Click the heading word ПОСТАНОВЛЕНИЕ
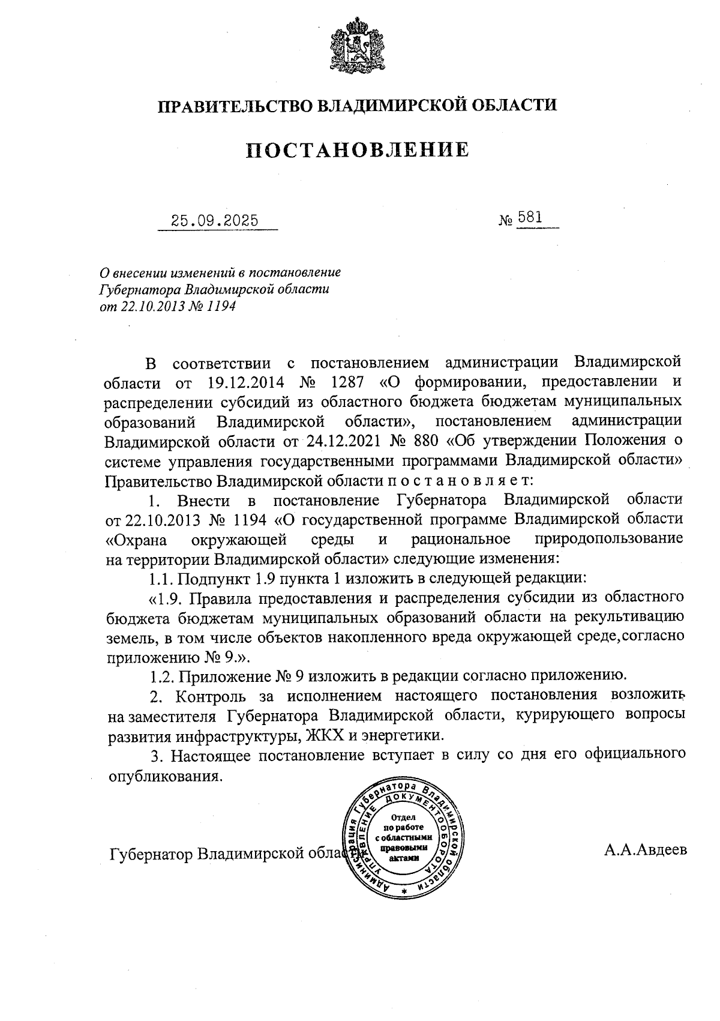(x=358, y=149)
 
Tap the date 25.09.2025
(x=215, y=220)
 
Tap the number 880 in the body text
(x=426, y=441)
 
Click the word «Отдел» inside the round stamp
(x=403, y=818)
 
